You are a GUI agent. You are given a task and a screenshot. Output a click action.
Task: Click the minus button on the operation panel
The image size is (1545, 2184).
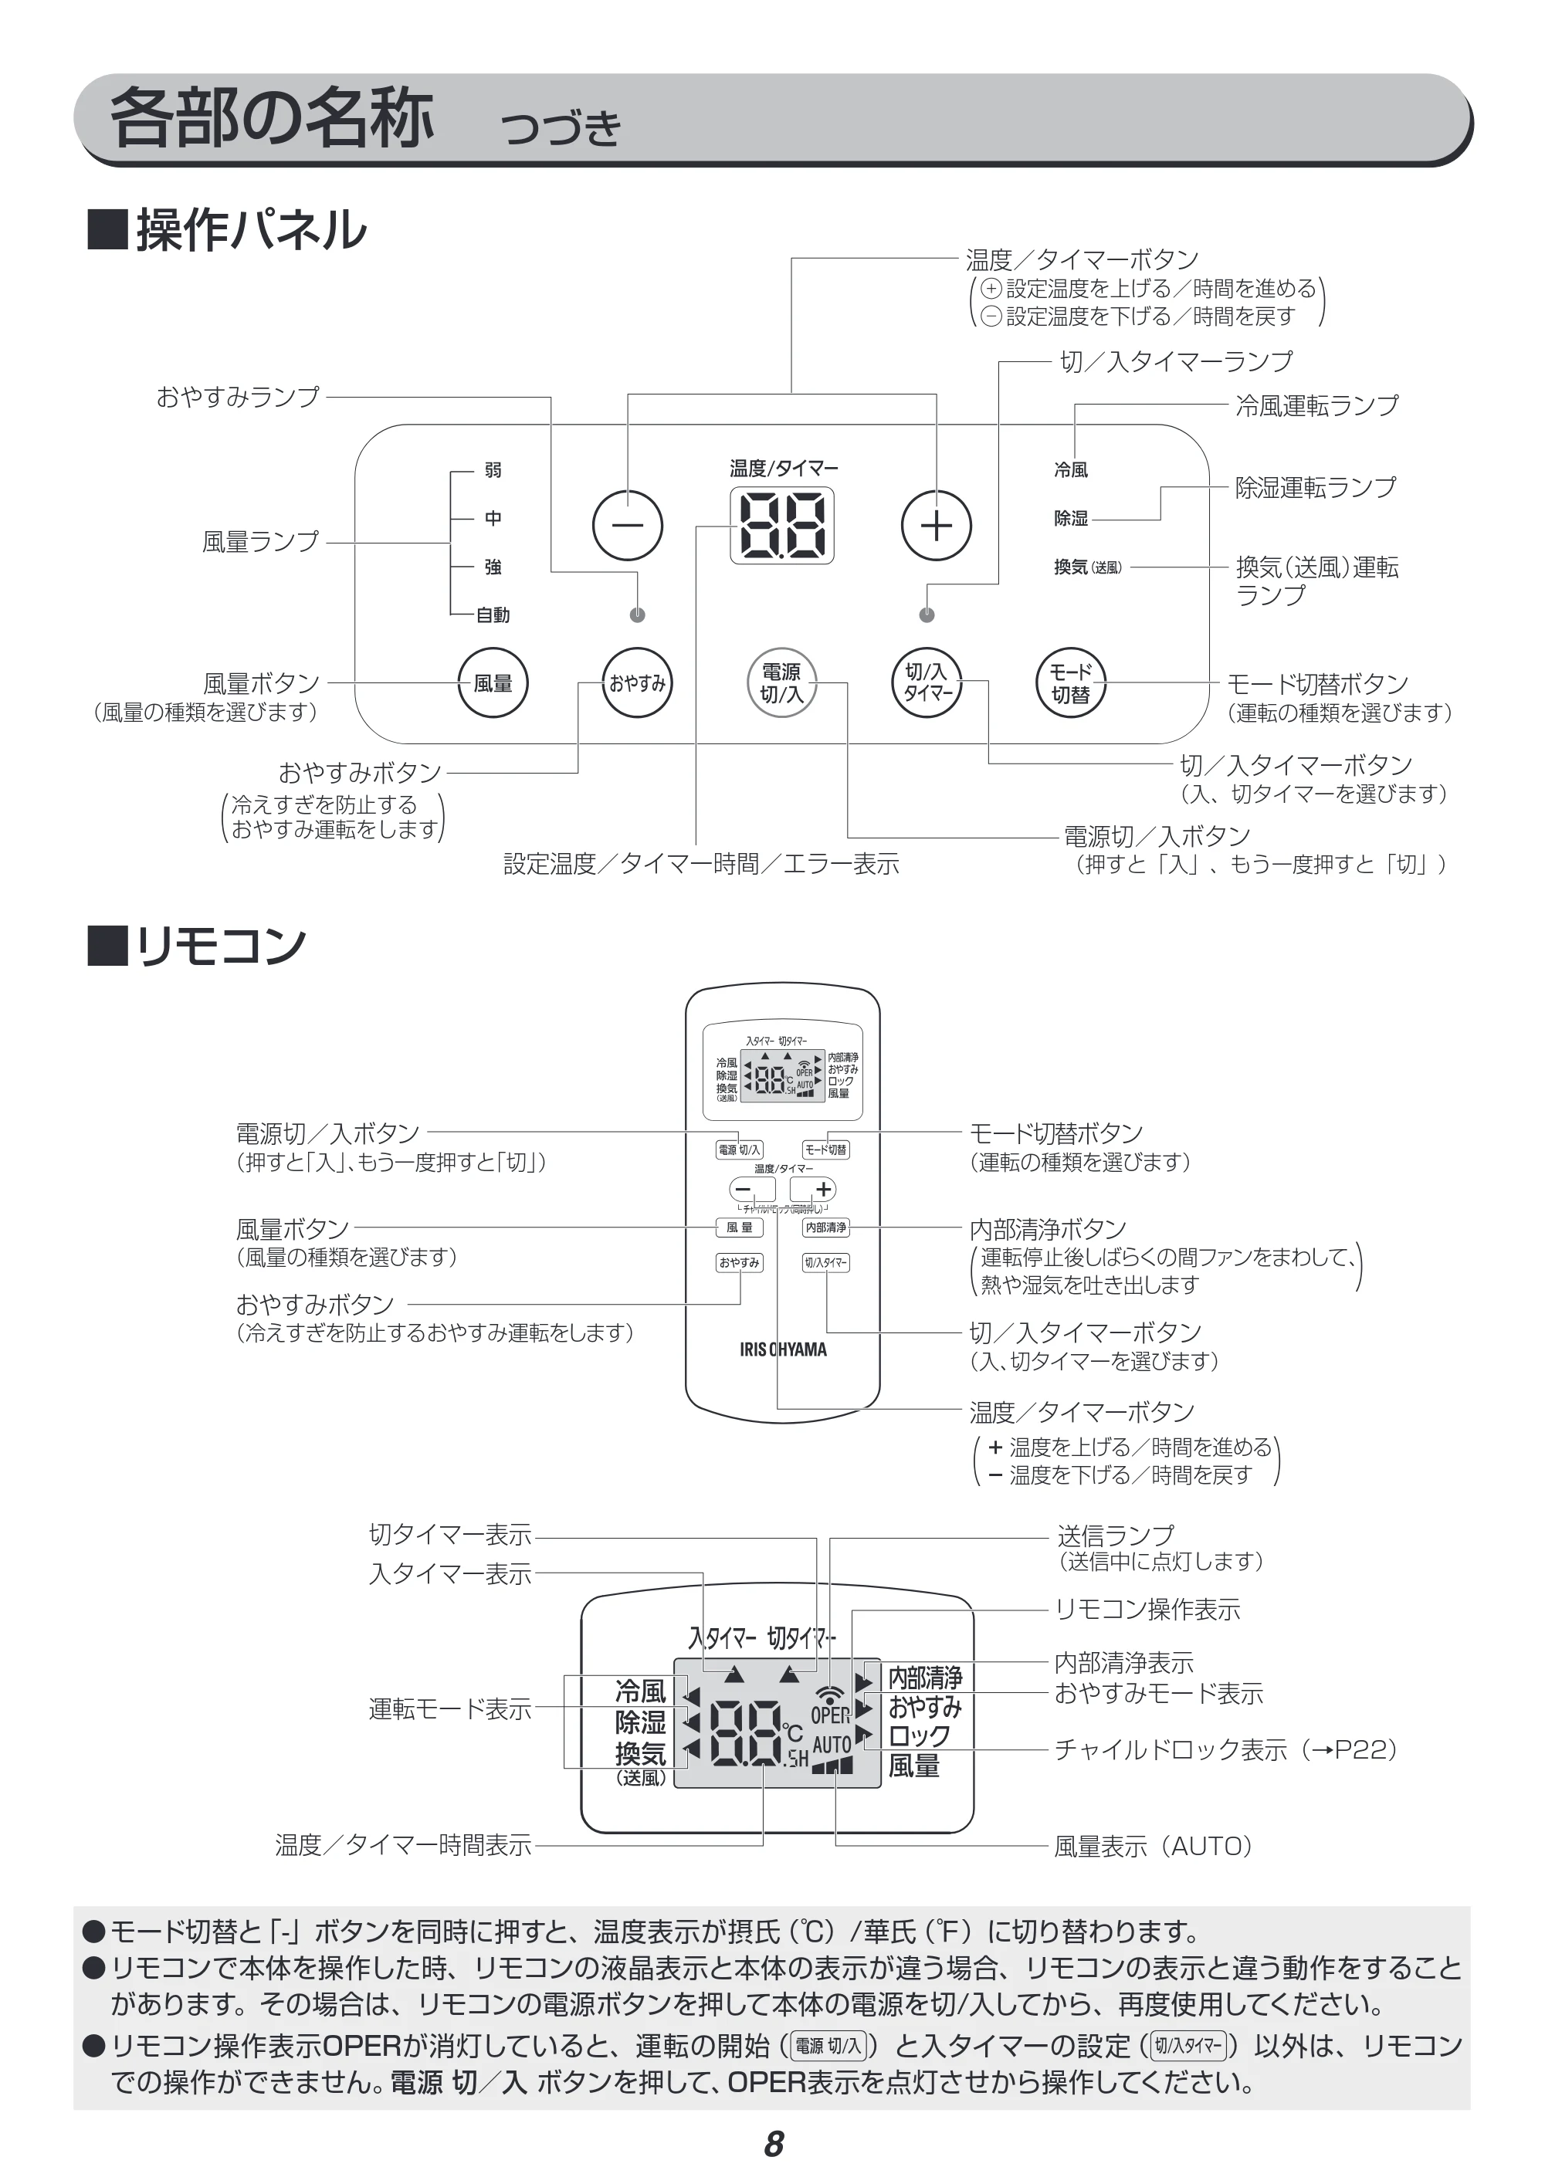coord(627,525)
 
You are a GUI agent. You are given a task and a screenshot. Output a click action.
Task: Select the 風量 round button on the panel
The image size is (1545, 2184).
coord(493,683)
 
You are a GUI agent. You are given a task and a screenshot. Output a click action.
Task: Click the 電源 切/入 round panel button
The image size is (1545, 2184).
coord(781,683)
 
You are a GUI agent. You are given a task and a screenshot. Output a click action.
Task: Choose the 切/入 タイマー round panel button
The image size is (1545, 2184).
coord(927,683)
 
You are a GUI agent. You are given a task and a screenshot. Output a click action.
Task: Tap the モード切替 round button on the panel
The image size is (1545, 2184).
coord(1070,683)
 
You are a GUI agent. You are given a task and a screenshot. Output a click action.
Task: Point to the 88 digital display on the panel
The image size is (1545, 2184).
coord(782,525)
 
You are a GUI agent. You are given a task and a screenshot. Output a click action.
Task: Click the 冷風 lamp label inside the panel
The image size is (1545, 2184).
coord(1071,470)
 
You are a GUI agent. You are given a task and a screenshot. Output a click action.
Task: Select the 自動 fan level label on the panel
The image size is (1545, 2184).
coord(493,615)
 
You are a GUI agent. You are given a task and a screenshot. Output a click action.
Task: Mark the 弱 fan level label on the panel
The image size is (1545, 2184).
coord(493,470)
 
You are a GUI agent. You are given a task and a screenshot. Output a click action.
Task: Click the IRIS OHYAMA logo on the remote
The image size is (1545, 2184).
coord(783,1349)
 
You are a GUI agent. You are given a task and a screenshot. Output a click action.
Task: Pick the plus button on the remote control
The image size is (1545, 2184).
coord(813,1189)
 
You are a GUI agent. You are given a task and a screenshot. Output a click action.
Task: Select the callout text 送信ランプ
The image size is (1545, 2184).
coord(1115,1536)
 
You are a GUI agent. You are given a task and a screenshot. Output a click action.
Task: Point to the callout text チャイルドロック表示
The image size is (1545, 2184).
coord(1171,1750)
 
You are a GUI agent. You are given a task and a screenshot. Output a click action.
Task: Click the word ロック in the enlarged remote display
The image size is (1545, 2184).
coord(919,1736)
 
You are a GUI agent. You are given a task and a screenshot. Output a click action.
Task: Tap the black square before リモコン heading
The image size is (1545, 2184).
coord(107,946)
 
